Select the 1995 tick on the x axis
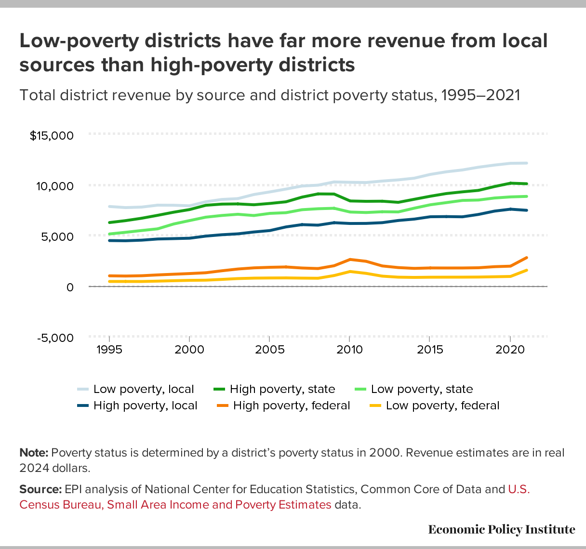click(x=109, y=349)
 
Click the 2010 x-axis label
click(x=349, y=349)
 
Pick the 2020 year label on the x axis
click(x=510, y=349)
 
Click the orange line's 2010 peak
click(x=349, y=260)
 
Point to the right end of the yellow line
click(x=527, y=270)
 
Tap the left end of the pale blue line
click(x=110, y=206)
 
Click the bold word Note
click(x=34, y=453)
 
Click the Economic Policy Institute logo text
click(x=501, y=530)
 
